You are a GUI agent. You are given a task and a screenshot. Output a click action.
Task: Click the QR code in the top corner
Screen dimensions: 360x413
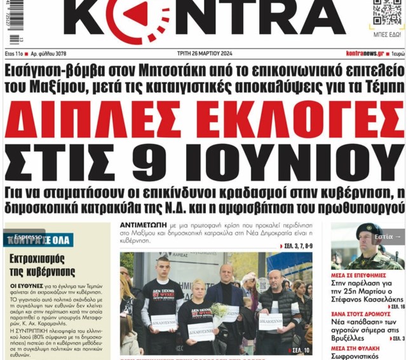coord(387,13)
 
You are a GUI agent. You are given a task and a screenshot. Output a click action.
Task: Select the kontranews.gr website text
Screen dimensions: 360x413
coord(365,54)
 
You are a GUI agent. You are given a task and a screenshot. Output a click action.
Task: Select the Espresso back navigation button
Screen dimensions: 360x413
coord(24,237)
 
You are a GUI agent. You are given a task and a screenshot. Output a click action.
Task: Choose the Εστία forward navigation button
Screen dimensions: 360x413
coord(387,237)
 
